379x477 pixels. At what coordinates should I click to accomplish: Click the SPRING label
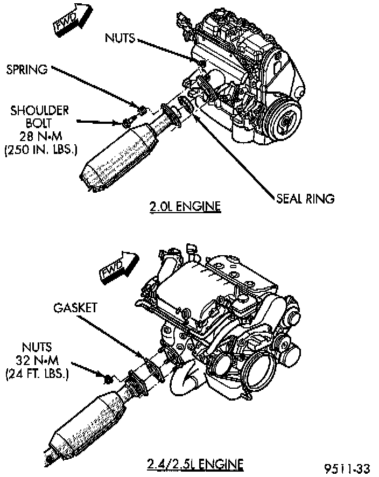(x=27, y=69)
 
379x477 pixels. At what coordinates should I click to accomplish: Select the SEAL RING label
(x=305, y=198)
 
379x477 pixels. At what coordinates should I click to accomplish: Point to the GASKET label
(x=75, y=308)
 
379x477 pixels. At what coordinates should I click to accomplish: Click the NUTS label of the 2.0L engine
(x=120, y=38)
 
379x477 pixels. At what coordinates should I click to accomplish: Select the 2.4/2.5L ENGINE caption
(x=195, y=464)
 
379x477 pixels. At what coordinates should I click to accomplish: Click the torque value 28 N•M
(x=39, y=136)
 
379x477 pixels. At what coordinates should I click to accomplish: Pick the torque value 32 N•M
(x=39, y=359)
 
